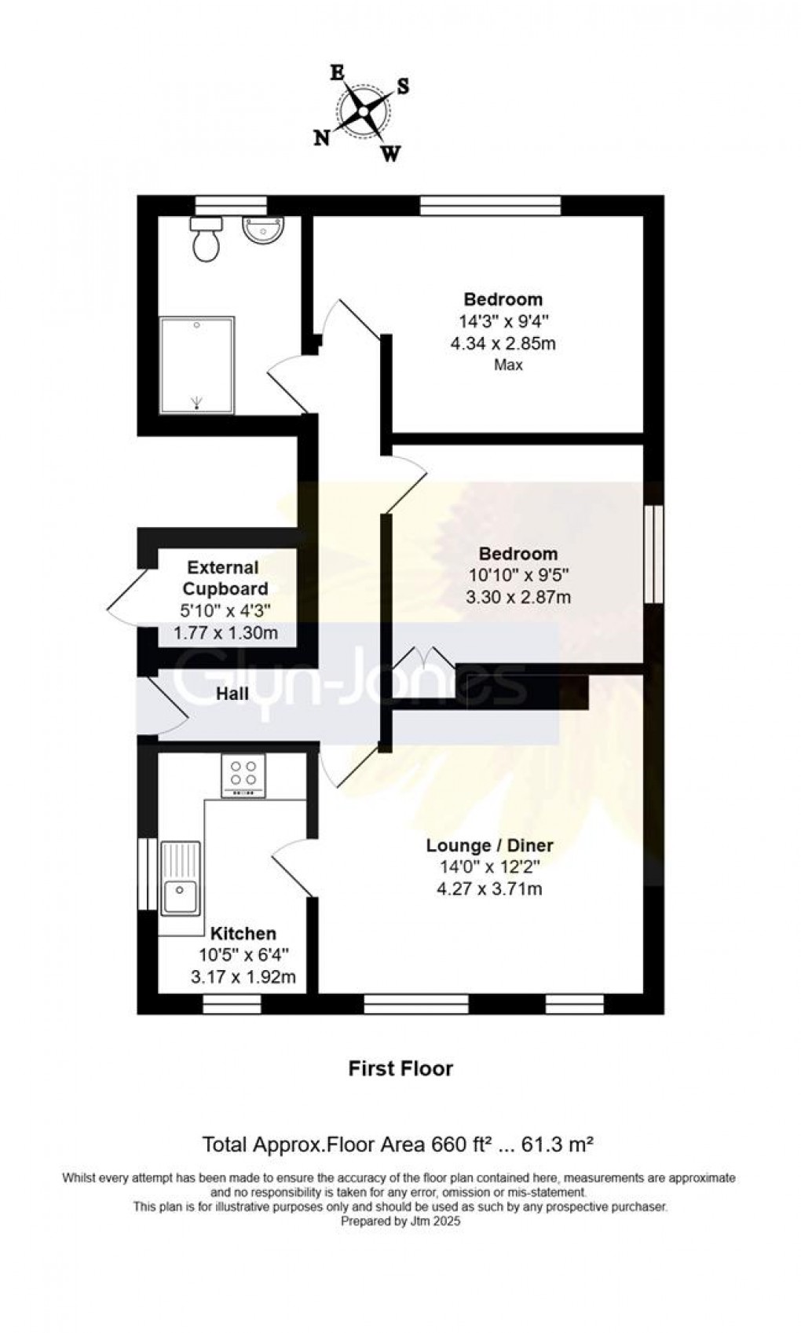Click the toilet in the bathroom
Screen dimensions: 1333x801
[x=207, y=240]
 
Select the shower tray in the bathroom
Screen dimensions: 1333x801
[x=196, y=365]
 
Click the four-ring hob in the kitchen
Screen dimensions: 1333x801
[x=243, y=774]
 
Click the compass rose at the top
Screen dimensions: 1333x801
[x=363, y=112]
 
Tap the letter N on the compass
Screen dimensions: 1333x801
[x=321, y=138]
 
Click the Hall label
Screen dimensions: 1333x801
[x=232, y=694]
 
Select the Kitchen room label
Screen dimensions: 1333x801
[x=243, y=933]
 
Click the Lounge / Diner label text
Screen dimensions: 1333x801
[x=489, y=845]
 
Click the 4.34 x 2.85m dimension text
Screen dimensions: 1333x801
[x=503, y=343]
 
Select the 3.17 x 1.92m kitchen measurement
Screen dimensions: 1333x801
[x=243, y=977]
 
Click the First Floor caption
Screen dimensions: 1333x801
[x=400, y=1068]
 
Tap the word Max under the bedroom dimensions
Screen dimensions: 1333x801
[x=508, y=364]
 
